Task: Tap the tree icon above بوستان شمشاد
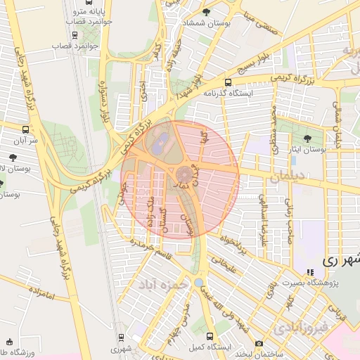[205, 12]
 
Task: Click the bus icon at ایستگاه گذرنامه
[226, 82]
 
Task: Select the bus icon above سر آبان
[26, 129]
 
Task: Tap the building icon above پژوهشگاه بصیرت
[310, 272]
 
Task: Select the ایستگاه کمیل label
[209, 348]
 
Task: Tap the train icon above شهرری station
[120, 338]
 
